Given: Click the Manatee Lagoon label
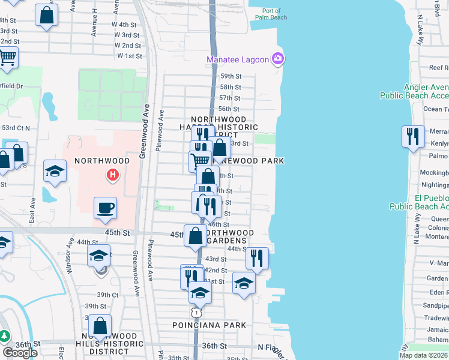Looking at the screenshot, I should [x=238, y=59].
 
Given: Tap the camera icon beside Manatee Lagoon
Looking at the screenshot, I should [x=278, y=59].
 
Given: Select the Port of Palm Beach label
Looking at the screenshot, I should [x=271, y=14].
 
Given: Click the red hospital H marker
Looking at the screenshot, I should [x=112, y=176].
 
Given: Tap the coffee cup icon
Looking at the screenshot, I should [x=105, y=208].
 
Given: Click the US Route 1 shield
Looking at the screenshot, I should [x=196, y=312].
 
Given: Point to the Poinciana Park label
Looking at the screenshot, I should [x=209, y=325].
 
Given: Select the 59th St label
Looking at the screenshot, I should [x=230, y=76].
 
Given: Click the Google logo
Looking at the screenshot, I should [x=20, y=353].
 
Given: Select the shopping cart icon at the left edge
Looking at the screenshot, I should [x=7, y=58].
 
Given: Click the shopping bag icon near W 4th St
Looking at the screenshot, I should [x=47, y=14].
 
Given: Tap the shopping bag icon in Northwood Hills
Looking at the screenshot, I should [x=100, y=326].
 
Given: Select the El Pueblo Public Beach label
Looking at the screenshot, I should [x=418, y=202].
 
